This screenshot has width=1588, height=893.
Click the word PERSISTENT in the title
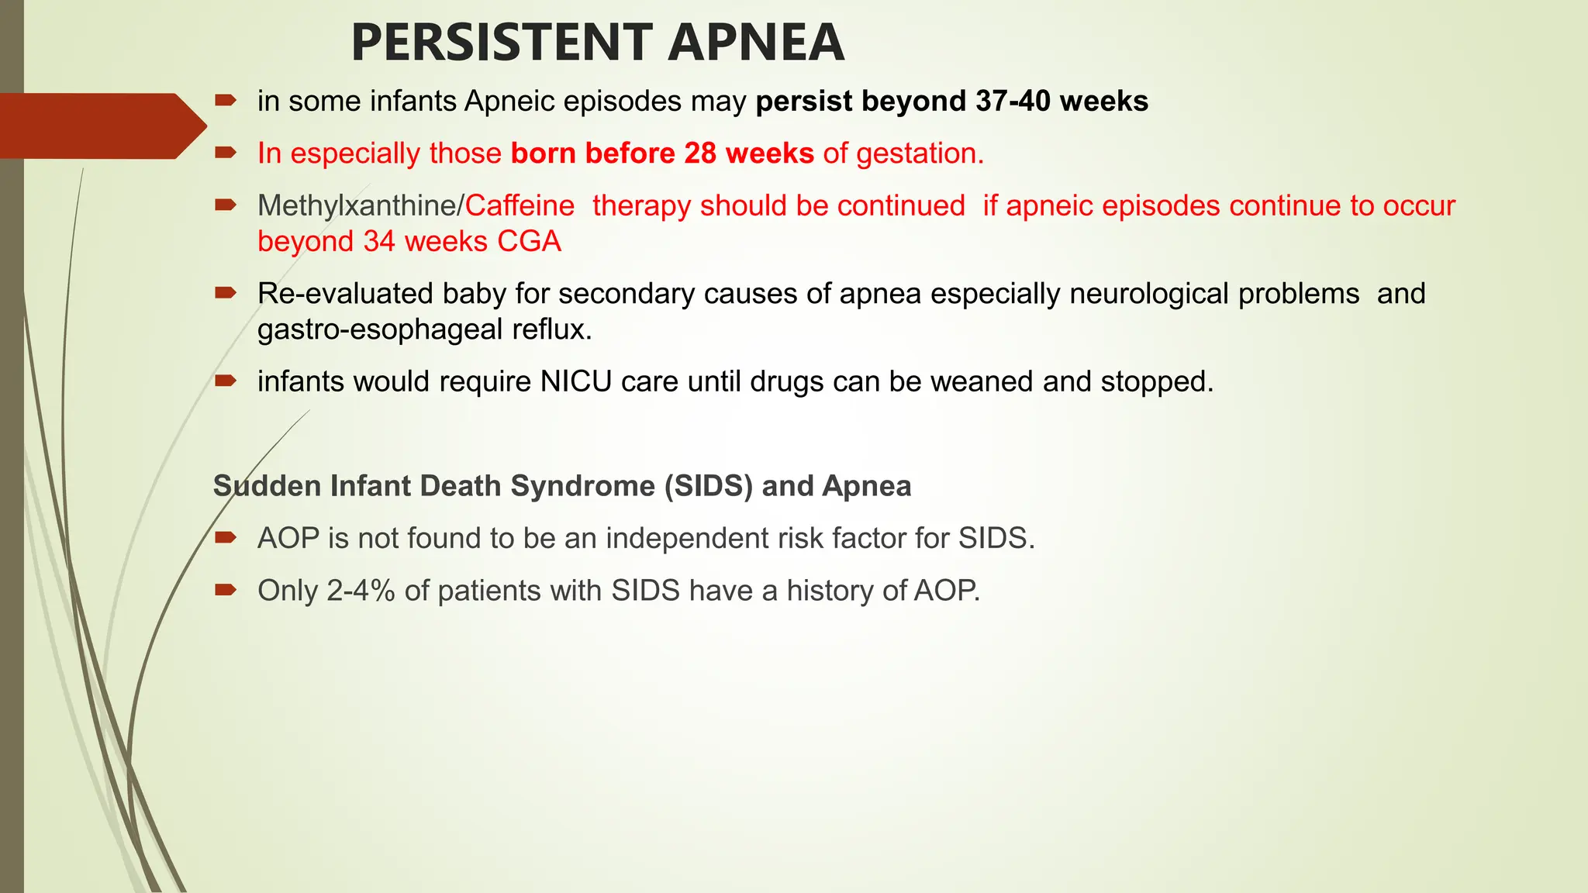(x=501, y=43)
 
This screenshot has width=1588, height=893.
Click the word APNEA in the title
(x=755, y=43)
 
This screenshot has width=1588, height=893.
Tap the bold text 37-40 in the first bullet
(x=1013, y=102)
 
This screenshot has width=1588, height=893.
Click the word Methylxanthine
(x=357, y=206)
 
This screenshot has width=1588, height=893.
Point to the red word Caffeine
(x=520, y=206)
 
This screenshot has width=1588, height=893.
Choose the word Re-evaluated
(x=345, y=294)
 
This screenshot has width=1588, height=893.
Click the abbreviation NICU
(x=575, y=382)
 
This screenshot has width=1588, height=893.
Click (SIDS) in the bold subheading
(x=708, y=486)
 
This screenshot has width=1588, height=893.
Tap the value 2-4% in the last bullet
(x=361, y=591)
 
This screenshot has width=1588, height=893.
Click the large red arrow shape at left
(x=101, y=126)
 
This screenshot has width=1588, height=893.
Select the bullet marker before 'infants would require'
(x=226, y=381)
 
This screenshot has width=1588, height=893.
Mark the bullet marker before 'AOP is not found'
(x=226, y=537)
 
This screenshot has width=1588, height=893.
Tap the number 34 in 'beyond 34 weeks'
(x=379, y=242)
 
